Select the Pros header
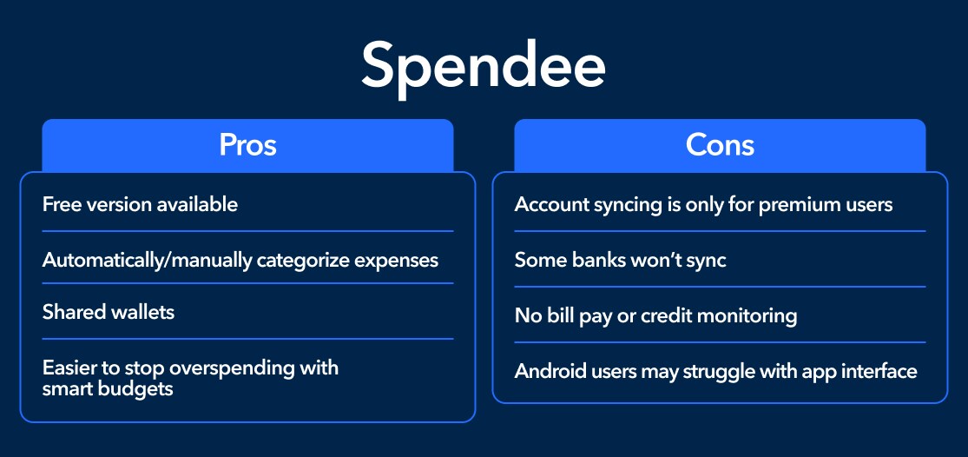[247, 144]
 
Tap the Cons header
[720, 144]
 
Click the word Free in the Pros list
[61, 204]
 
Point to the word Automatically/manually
[147, 260]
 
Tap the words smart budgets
[108, 388]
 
